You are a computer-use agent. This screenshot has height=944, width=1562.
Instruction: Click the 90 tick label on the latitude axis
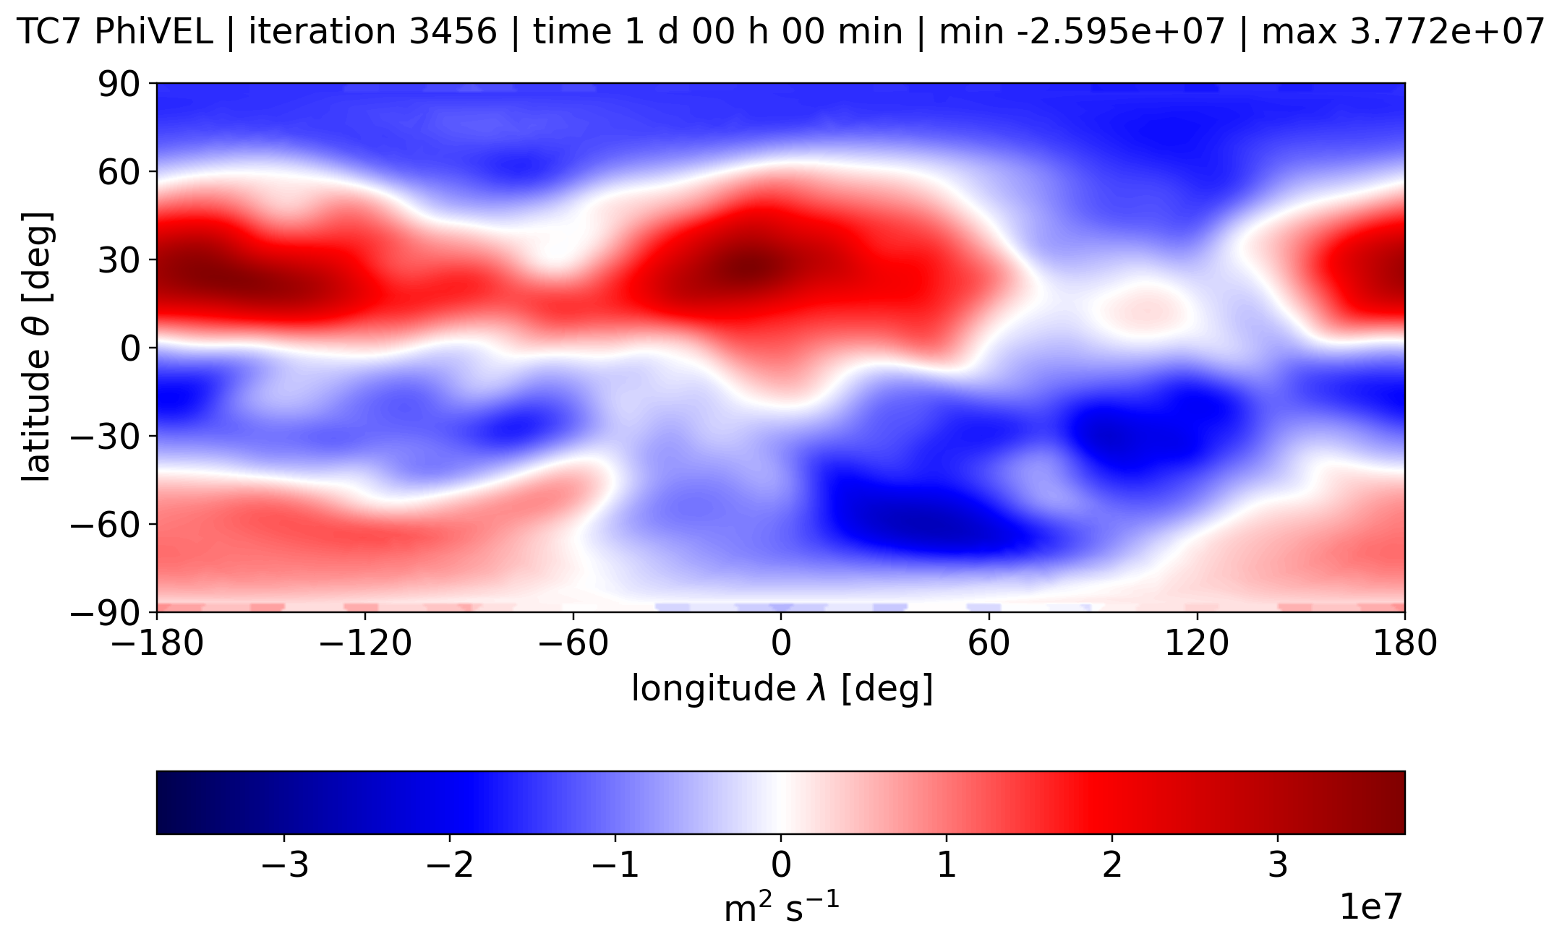(x=119, y=85)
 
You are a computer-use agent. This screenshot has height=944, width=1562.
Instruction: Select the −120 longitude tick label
(x=364, y=643)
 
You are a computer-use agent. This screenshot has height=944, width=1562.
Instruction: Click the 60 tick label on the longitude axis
(x=989, y=643)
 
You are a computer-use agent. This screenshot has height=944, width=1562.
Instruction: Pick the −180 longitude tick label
(x=157, y=643)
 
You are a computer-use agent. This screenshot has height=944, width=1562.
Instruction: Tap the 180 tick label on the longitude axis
(x=1404, y=643)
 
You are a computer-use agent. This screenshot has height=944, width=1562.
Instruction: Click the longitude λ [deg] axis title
(x=782, y=689)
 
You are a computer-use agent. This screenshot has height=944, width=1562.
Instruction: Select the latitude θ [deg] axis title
(x=38, y=348)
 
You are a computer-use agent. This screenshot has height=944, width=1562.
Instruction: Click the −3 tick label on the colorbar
(x=284, y=865)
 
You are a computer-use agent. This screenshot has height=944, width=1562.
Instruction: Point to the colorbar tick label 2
(x=1111, y=865)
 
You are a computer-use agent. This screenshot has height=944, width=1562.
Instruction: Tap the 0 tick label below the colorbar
(x=781, y=865)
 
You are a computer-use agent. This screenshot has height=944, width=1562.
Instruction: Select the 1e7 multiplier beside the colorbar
(x=1372, y=907)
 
